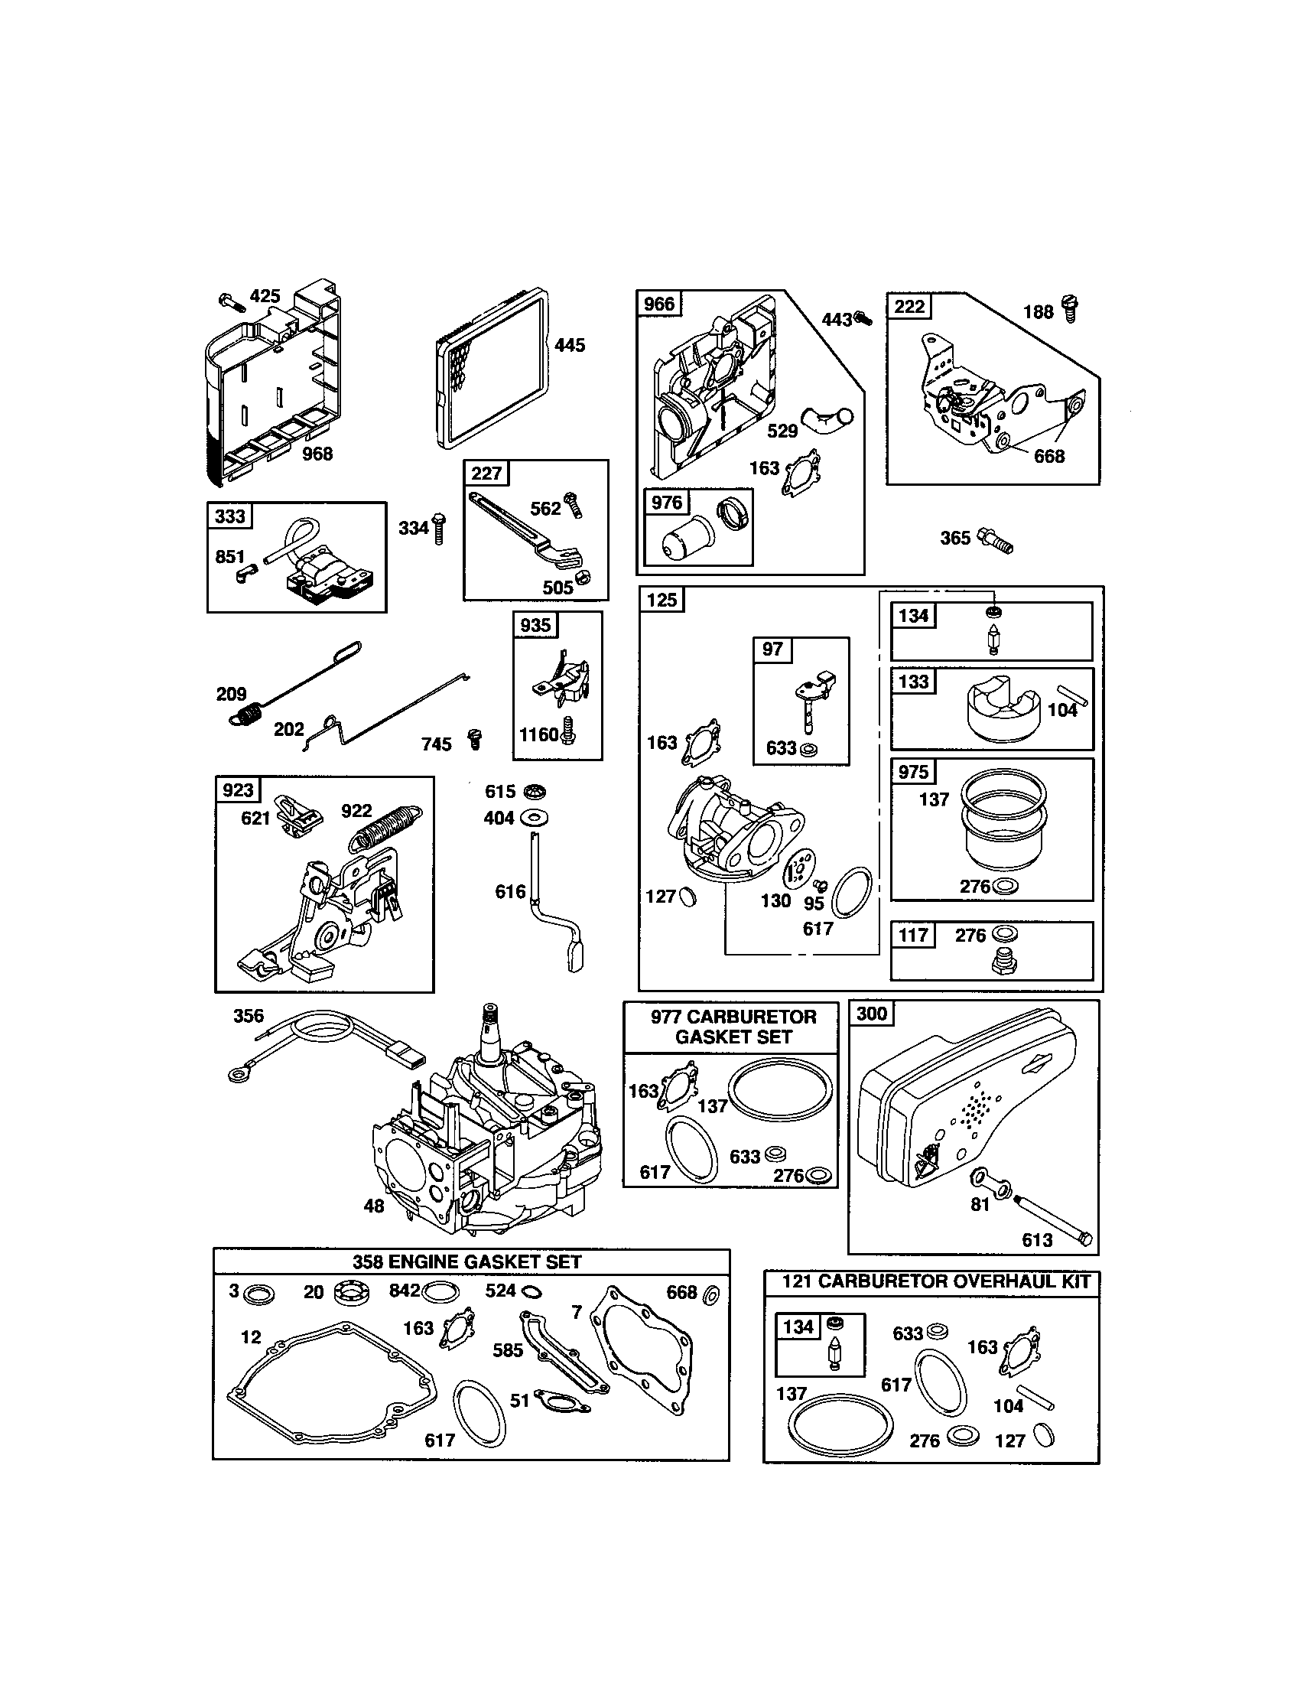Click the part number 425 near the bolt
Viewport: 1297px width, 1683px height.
point(265,297)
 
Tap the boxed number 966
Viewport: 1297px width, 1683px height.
point(658,304)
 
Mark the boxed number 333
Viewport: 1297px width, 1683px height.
point(229,516)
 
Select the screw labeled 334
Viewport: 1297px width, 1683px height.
point(439,528)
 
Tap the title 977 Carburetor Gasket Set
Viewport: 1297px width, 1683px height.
point(733,1027)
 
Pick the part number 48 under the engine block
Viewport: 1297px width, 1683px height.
point(373,1205)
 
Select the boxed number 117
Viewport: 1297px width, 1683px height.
point(913,936)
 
